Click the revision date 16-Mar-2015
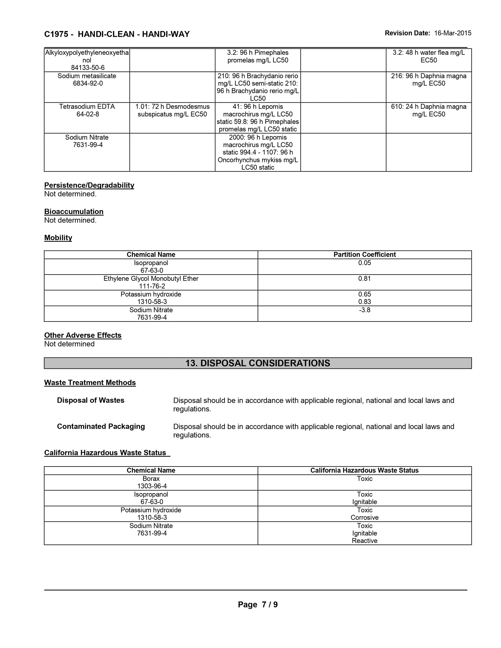452,33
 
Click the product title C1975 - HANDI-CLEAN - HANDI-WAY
117,34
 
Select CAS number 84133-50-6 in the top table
88,68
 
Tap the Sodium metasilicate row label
87,76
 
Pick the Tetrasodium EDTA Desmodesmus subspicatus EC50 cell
172,110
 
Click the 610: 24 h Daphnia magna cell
428,110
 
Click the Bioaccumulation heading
74,212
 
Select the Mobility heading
58,238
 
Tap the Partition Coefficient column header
364,255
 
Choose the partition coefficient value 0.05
364,263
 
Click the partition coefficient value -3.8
364,310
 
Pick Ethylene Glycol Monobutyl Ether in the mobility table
151,279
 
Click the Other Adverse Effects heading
83,335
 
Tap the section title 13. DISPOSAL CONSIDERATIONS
257,363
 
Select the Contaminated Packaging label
101,426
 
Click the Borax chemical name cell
151,479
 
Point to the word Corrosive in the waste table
364,518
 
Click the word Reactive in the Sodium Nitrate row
364,541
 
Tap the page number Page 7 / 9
257,605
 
